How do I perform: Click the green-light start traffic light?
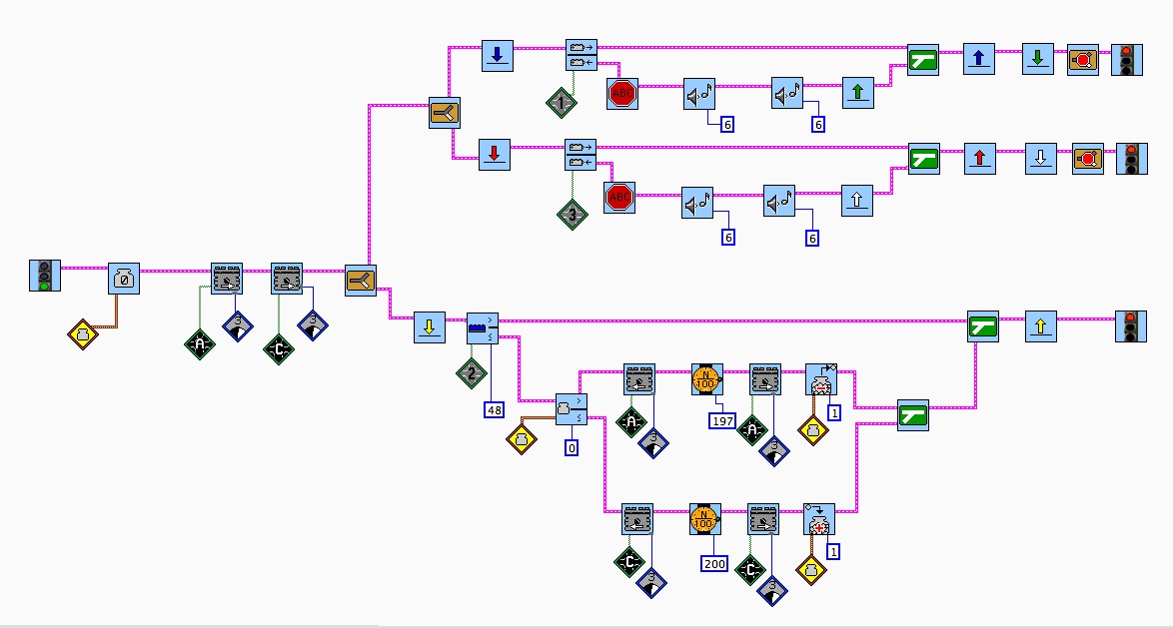point(44,276)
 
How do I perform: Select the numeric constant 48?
point(495,409)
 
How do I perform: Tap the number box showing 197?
point(721,421)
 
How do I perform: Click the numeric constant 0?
point(572,448)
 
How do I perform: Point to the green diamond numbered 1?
point(563,103)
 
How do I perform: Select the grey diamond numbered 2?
point(472,373)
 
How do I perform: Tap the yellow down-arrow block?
point(430,326)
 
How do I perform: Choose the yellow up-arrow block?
point(1041,325)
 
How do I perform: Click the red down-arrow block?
point(495,155)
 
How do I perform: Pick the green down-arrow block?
point(1038,58)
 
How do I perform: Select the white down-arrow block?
point(1041,159)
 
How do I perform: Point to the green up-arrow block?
point(858,94)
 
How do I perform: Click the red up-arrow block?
point(980,159)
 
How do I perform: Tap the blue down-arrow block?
point(497,55)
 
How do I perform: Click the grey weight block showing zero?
point(124,279)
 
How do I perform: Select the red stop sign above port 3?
point(620,197)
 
